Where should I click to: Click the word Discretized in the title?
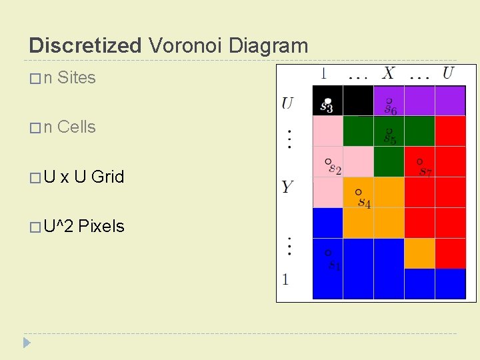point(85,45)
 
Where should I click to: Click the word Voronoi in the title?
point(185,45)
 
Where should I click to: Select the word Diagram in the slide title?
point(268,45)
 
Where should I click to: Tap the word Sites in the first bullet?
point(77,78)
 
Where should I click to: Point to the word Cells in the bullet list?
point(77,127)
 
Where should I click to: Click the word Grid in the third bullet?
point(108,177)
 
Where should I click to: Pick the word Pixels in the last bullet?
point(101,227)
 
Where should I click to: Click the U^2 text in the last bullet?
point(59,227)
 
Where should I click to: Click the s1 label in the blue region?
point(334,265)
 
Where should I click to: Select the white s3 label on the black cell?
point(327,106)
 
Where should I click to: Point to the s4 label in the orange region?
point(364,202)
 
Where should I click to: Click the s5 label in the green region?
point(390,139)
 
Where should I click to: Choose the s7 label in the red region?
point(425,171)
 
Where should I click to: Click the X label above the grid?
point(388,73)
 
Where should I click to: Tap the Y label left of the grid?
point(287,187)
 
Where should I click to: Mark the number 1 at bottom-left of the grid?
point(285,279)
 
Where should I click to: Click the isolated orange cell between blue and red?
point(419,253)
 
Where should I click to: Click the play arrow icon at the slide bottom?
point(27,343)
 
